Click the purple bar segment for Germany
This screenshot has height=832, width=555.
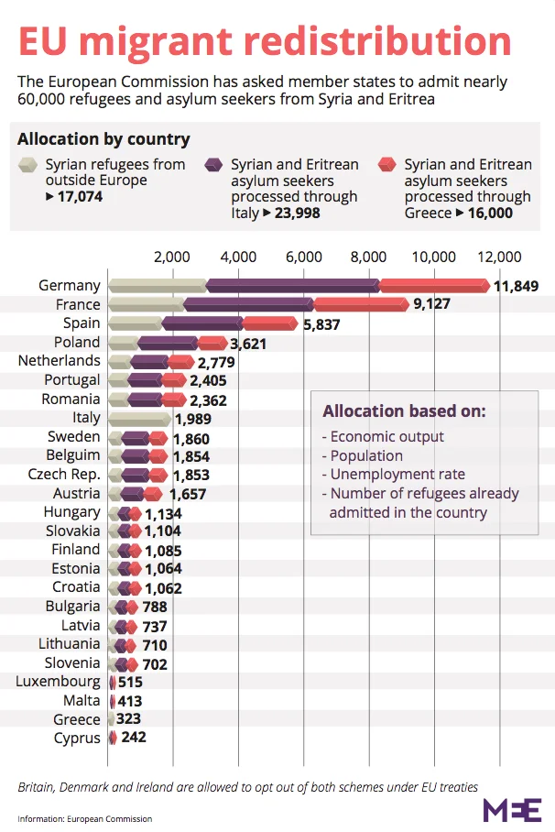click(293, 286)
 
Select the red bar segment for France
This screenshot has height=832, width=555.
click(361, 304)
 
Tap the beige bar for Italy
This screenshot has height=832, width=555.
click(139, 418)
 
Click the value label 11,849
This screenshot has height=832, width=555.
click(516, 286)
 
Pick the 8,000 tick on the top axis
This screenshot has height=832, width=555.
click(369, 257)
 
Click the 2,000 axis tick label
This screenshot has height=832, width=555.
click(172, 257)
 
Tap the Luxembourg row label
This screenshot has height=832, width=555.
click(59, 682)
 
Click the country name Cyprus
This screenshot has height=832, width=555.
click(77, 739)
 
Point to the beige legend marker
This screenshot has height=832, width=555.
click(29, 166)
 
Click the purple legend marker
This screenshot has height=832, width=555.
click(215, 166)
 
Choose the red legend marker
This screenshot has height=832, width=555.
click(389, 166)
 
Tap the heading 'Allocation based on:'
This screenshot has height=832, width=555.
click(404, 411)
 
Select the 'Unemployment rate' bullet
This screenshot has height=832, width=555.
click(394, 475)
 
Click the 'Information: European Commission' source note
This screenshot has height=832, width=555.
click(84, 818)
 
